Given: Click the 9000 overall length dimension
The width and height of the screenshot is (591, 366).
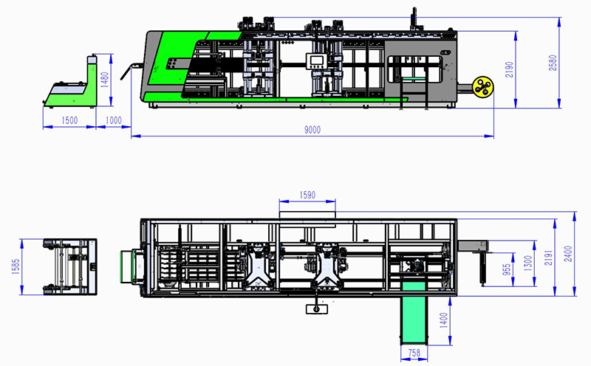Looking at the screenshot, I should click(x=312, y=130).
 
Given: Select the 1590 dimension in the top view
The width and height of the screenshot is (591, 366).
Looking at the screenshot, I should click(x=307, y=195).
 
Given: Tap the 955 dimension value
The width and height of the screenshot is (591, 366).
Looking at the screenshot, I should click(x=507, y=269).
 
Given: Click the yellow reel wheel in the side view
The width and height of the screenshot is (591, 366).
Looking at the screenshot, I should click(x=484, y=87).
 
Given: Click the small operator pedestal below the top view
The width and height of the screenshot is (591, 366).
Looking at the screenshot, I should click(x=317, y=310).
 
